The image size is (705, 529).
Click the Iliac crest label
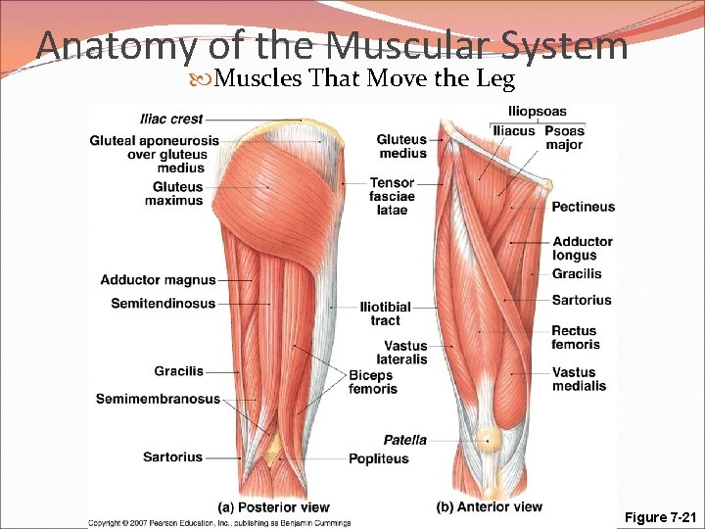point(171,120)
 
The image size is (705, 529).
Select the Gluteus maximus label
point(177,194)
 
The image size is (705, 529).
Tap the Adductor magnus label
point(158,281)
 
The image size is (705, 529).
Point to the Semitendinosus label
point(163,304)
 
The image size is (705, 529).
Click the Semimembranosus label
point(158,399)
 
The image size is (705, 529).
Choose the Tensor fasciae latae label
point(392,197)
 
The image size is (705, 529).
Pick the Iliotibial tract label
point(385,313)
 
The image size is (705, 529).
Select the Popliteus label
point(379,458)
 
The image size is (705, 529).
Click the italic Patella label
point(404,440)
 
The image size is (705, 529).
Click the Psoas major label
point(564,138)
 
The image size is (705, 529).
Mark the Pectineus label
point(583,207)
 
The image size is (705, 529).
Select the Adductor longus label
point(582,249)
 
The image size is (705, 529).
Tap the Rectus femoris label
point(575,338)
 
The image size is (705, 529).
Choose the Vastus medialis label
point(579,379)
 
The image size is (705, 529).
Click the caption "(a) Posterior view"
point(273,507)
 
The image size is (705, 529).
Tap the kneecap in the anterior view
point(489,441)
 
